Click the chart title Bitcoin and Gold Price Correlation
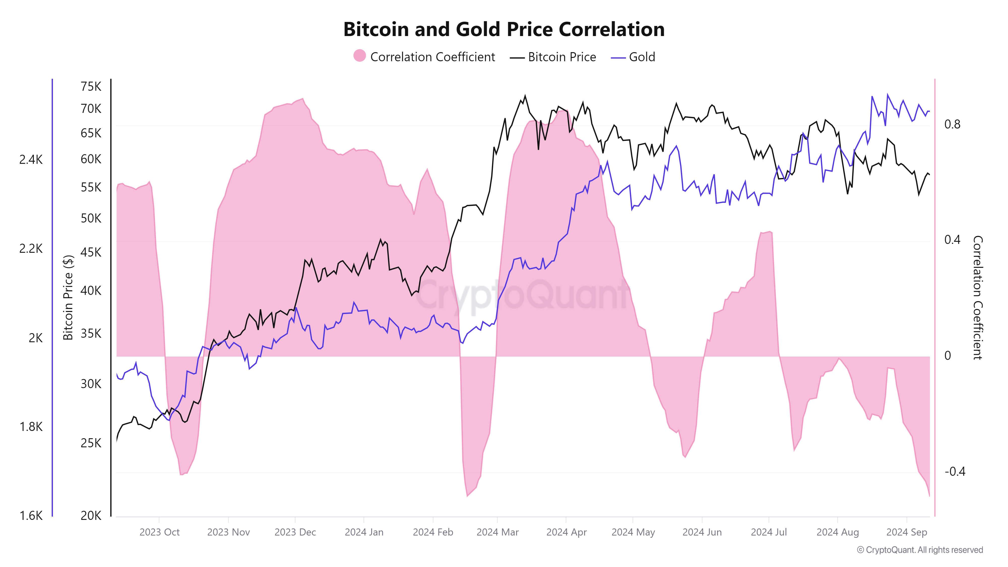click(504, 29)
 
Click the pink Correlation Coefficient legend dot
click(359, 56)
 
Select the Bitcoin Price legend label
click(562, 57)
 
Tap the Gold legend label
click(642, 57)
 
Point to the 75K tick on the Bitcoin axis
click(91, 86)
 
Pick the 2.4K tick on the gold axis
click(31, 160)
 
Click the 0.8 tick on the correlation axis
click(952, 124)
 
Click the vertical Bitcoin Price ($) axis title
click(68, 297)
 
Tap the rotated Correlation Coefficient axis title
click(978, 297)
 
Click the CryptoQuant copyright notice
click(920, 550)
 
